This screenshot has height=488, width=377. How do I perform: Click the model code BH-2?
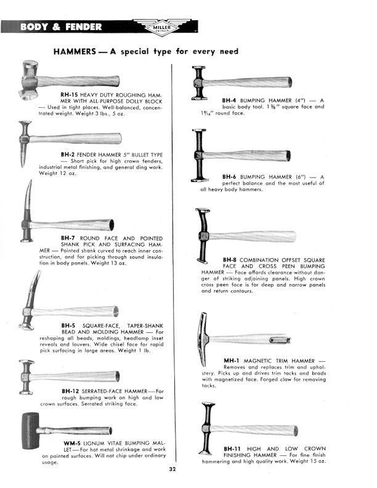click(x=69, y=155)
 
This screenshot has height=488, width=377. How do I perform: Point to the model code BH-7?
click(x=69, y=237)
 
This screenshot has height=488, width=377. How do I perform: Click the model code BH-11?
click(x=232, y=448)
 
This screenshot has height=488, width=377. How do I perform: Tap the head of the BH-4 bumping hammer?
click(x=198, y=83)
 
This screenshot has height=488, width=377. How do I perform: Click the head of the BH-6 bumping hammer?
click(x=199, y=155)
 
